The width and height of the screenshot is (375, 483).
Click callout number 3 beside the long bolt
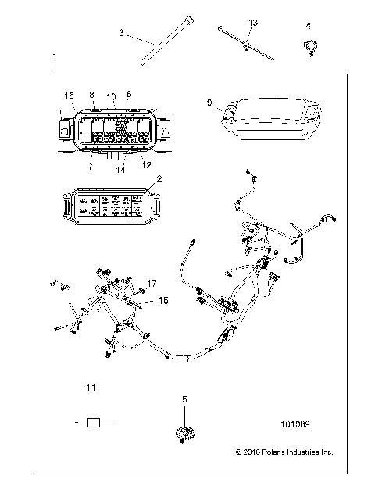121,32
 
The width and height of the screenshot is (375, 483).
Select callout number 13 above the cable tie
252,22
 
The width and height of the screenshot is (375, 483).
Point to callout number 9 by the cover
209,103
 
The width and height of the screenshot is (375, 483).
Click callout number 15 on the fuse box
69,96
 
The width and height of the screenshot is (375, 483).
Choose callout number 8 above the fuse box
91,95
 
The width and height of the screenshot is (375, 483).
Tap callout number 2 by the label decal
159,178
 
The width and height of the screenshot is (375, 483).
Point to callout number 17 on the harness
152,283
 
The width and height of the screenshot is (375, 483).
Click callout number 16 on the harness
162,300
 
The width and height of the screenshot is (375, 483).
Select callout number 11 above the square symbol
91,387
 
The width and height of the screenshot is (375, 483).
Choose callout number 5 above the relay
184,399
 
